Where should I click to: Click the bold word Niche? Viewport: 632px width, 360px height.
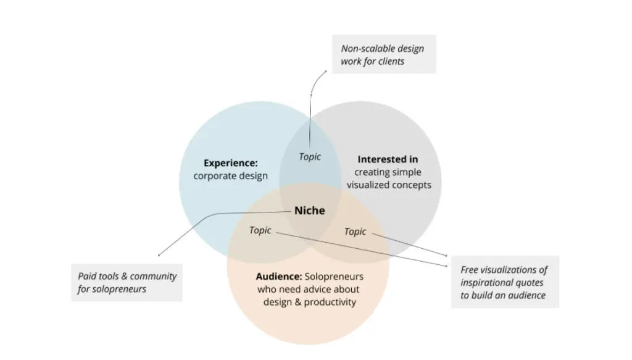tap(309, 211)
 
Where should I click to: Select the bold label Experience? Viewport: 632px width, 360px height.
tap(230, 163)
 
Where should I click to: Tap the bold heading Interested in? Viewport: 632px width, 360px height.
tap(388, 159)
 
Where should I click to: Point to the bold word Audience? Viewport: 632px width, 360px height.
tap(278, 276)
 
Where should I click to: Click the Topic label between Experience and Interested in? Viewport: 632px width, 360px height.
tap(310, 157)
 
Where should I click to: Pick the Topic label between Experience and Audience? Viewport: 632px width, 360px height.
tap(260, 230)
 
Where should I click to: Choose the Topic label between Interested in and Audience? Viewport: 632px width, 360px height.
tap(355, 232)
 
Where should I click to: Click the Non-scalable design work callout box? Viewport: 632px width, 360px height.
tap(383, 54)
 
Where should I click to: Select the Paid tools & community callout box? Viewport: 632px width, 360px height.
tap(127, 282)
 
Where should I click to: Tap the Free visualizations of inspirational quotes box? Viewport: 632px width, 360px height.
tap(504, 282)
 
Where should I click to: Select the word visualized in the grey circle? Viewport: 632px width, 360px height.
tap(368, 185)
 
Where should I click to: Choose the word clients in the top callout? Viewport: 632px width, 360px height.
tap(389, 61)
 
